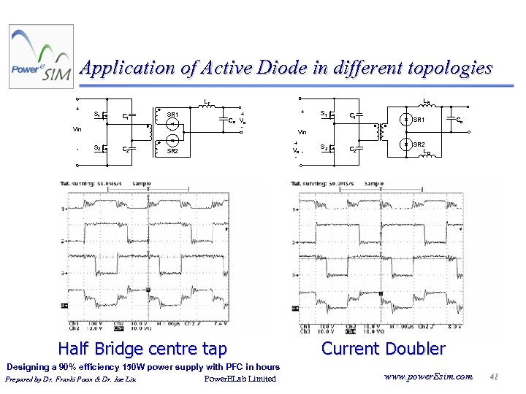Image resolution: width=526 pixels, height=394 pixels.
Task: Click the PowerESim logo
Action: (x=41, y=57)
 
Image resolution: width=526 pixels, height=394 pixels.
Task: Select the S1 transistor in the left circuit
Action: (x=105, y=115)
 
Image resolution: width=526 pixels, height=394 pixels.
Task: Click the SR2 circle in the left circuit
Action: (x=173, y=140)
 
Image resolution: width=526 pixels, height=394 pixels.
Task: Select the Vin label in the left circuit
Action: (x=77, y=129)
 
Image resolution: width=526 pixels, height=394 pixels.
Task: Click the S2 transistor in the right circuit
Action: (x=332, y=148)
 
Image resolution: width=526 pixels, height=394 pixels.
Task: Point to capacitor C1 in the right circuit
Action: (x=358, y=115)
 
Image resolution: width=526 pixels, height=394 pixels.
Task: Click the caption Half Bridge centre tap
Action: (x=142, y=349)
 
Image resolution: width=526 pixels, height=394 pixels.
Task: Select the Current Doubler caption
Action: (x=383, y=349)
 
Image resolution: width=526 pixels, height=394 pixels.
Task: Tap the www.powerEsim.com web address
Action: (x=427, y=376)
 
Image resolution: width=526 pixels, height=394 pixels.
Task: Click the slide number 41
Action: (x=494, y=376)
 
